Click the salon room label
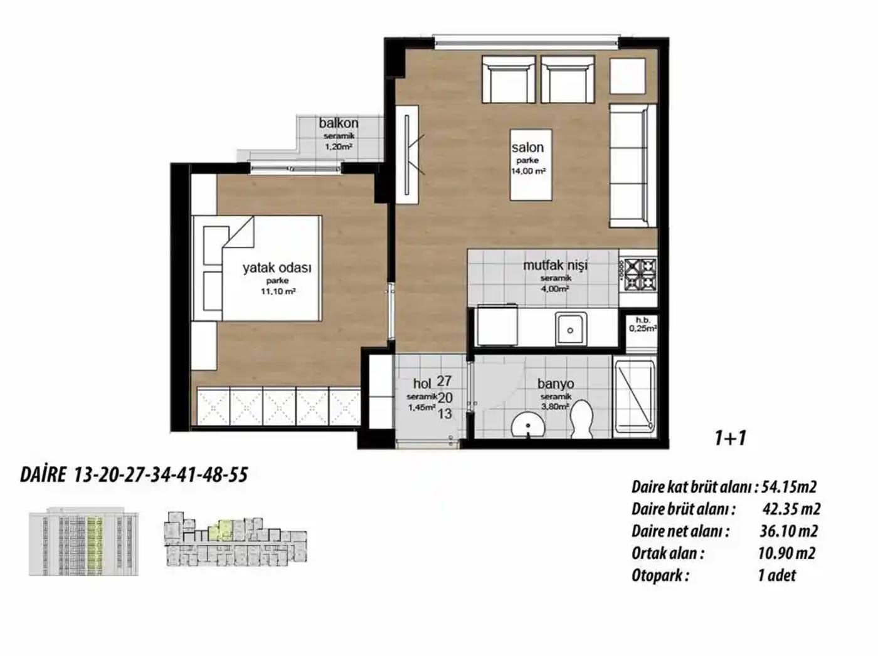[x=527, y=147]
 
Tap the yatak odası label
[x=277, y=268]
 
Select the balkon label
[x=339, y=123]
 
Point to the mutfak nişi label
[x=555, y=265]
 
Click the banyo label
[x=556, y=384]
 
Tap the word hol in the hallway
[x=421, y=384]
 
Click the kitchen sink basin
[x=571, y=329]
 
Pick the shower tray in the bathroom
[x=635, y=397]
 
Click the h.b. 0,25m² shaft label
[x=643, y=325]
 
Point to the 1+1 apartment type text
[x=731, y=439]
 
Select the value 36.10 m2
[x=788, y=531]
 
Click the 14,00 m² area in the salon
[x=528, y=171]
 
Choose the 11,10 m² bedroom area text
[x=278, y=291]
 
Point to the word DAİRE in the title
[x=43, y=476]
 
